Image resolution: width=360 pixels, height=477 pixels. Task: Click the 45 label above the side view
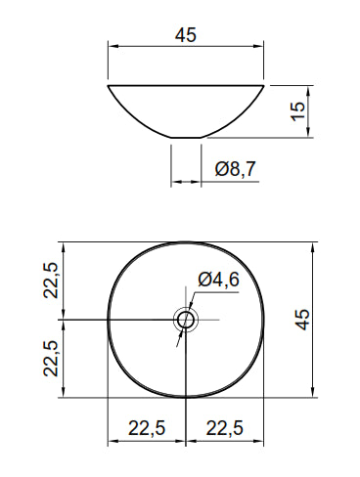186,35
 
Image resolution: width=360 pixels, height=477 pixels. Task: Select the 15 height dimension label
298,111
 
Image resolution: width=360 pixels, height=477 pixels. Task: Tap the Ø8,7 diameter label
236,169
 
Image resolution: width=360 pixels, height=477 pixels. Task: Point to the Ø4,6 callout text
218,280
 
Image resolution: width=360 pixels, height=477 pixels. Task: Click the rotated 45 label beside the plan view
302,320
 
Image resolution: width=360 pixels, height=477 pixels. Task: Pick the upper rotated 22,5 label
51,281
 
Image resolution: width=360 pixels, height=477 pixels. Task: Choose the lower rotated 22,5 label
51,359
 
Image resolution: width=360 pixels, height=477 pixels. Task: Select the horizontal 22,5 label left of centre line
147,428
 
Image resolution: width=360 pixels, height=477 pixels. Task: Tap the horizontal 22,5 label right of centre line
225,428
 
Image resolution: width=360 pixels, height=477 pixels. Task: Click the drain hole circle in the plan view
179,320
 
